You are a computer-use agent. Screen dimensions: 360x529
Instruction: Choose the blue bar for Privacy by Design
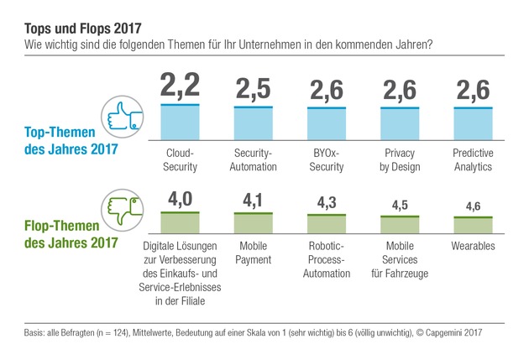click(x=400, y=124)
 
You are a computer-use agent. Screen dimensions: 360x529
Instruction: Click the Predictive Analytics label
click(x=473, y=161)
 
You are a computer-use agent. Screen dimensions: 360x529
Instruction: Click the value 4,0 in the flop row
click(x=179, y=201)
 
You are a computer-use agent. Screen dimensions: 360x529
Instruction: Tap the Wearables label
click(x=473, y=247)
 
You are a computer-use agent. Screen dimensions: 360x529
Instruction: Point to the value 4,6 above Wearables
click(x=473, y=206)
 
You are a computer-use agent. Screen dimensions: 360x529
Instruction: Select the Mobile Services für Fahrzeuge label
click(x=400, y=253)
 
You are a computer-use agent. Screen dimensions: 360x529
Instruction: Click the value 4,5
click(x=400, y=206)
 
